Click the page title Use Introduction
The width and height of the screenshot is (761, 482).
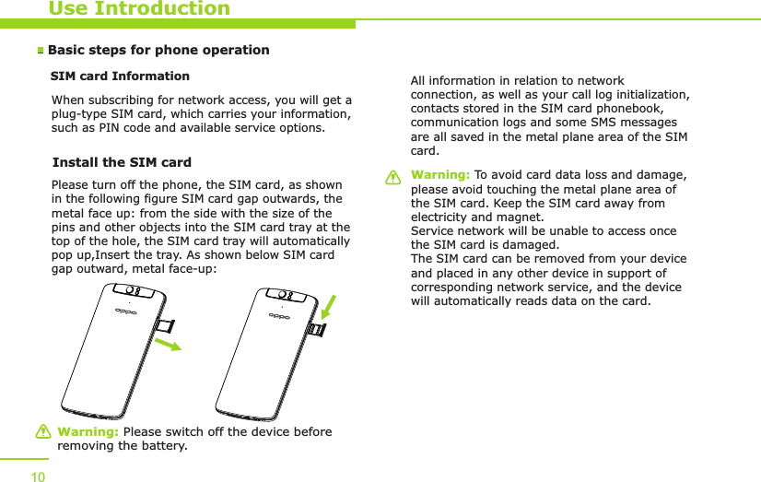(x=139, y=9)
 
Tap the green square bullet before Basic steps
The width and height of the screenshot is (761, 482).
(x=41, y=51)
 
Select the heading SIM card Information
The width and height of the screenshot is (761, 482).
(x=120, y=76)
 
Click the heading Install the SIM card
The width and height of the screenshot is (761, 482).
(x=122, y=163)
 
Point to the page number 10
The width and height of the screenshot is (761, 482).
(x=38, y=476)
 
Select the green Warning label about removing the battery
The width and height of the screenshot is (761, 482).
(x=88, y=432)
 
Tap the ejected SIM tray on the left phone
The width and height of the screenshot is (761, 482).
(x=166, y=324)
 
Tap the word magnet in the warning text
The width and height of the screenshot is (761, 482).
(x=520, y=217)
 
